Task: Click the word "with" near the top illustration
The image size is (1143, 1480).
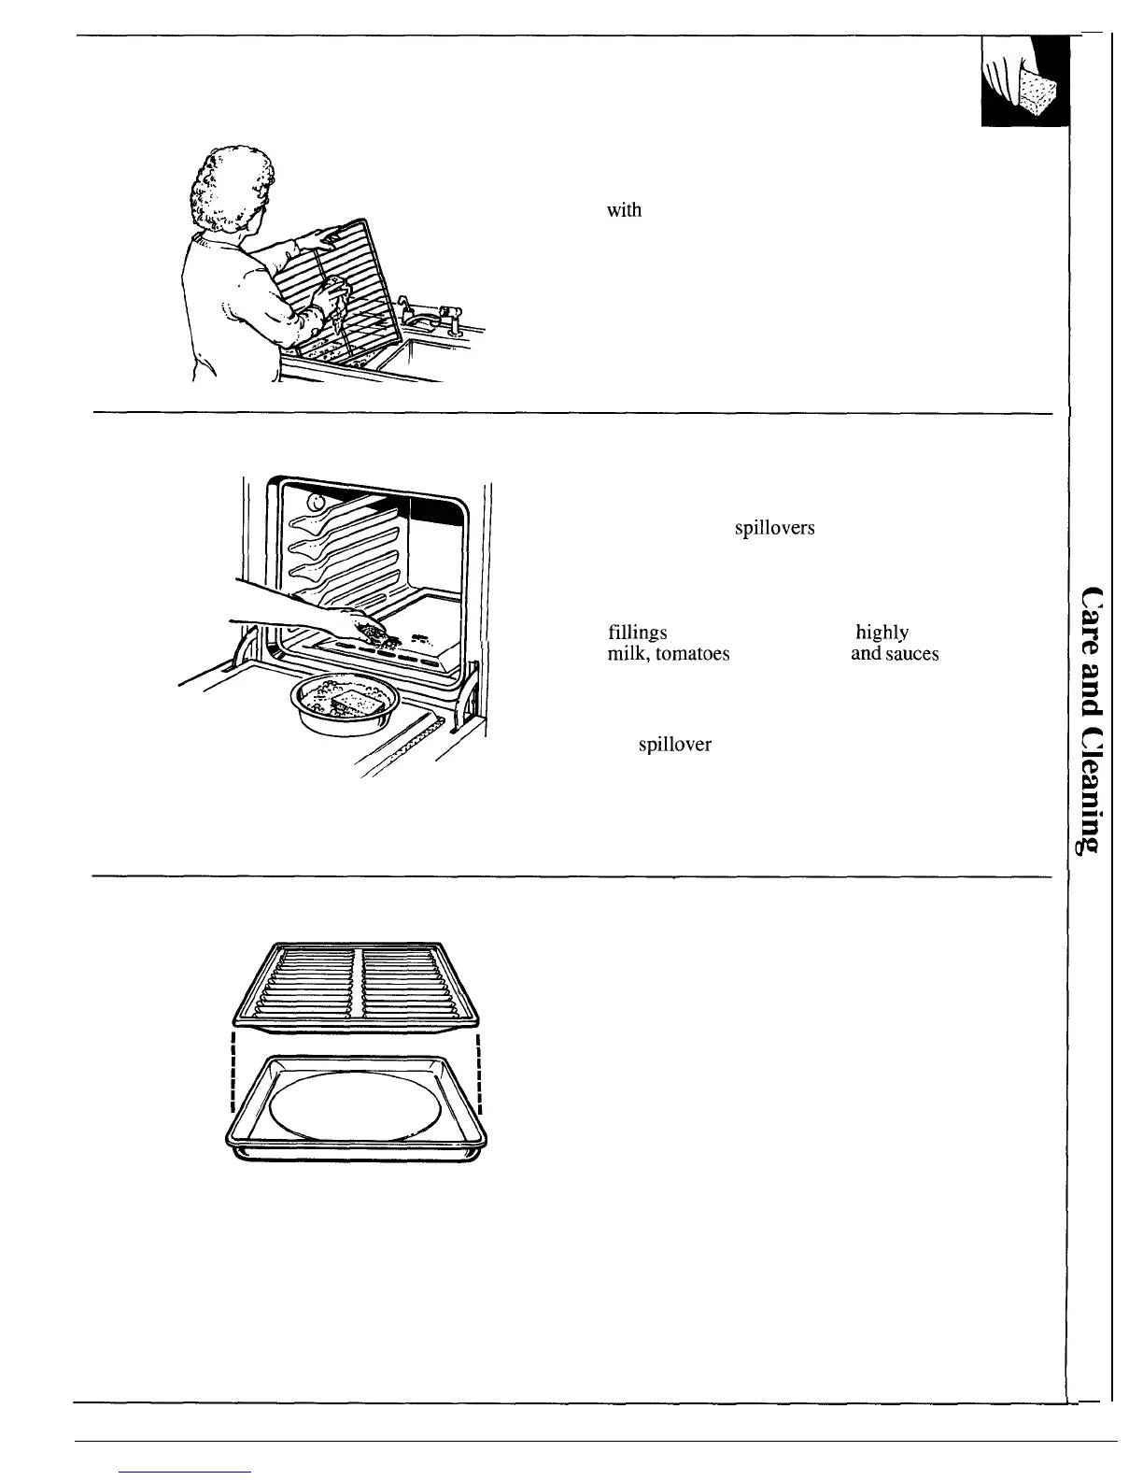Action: point(624,210)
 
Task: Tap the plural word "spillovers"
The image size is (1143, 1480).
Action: point(774,529)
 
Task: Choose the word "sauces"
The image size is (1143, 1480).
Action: point(911,654)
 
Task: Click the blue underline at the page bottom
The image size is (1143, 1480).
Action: point(187,1472)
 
